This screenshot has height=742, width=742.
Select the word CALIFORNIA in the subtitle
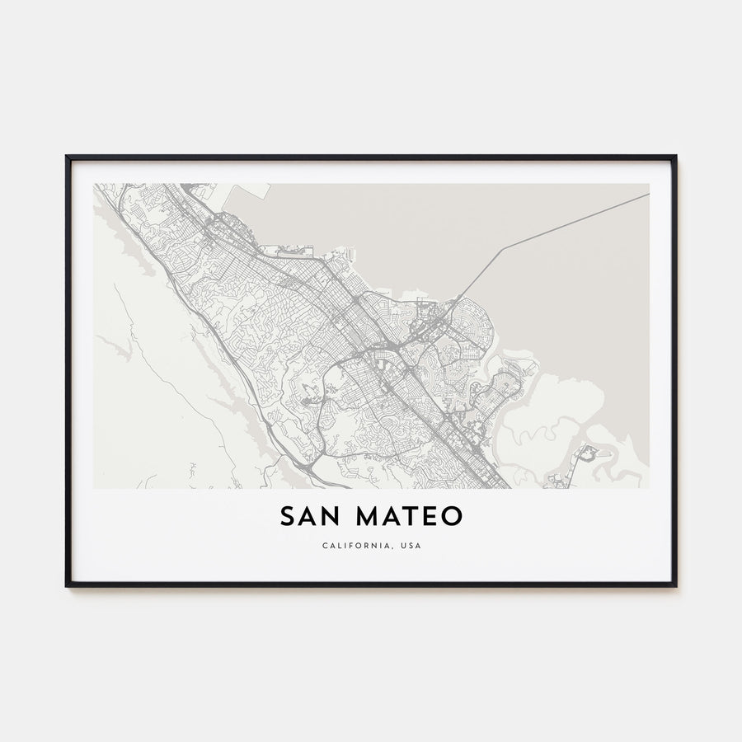350,546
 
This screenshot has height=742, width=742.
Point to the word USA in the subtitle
410,546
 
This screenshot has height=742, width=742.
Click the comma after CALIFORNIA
390,548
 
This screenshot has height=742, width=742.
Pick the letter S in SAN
286,517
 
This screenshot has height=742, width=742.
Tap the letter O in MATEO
453,517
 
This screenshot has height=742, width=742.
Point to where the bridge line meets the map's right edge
648,195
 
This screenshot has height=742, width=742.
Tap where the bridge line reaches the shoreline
456,298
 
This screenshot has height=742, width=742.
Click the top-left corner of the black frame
68,157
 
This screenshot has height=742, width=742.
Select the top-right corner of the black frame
675,157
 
